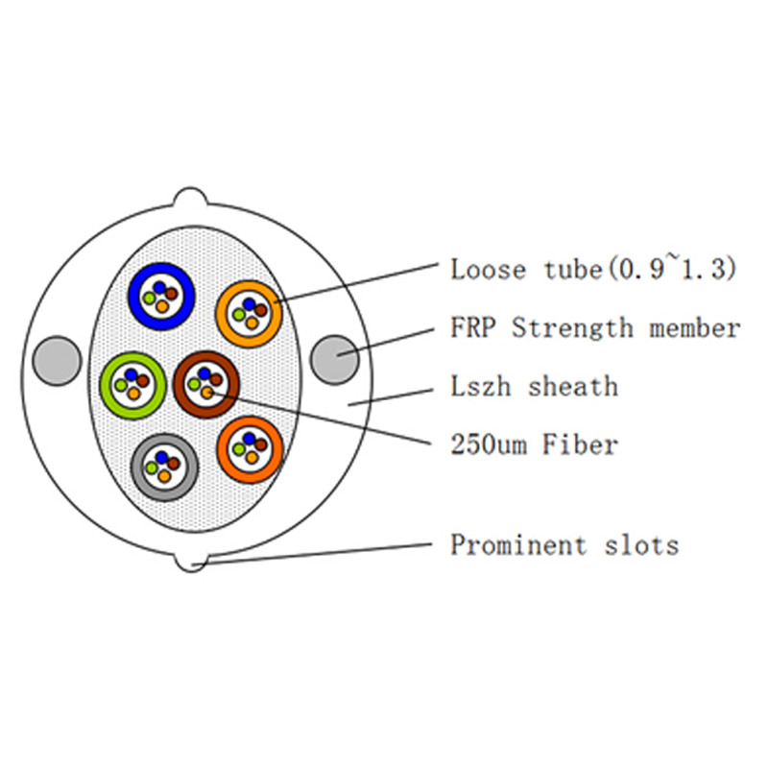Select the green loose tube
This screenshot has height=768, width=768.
click(x=132, y=386)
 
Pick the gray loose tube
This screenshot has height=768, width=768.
click(x=163, y=468)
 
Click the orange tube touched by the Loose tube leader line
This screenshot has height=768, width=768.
click(x=249, y=313)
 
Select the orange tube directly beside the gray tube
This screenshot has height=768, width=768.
click(x=250, y=447)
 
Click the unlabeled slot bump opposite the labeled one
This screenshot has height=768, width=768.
click(x=190, y=199)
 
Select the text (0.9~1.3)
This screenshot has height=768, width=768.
click(x=672, y=270)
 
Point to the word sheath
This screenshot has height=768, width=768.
click(x=573, y=387)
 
